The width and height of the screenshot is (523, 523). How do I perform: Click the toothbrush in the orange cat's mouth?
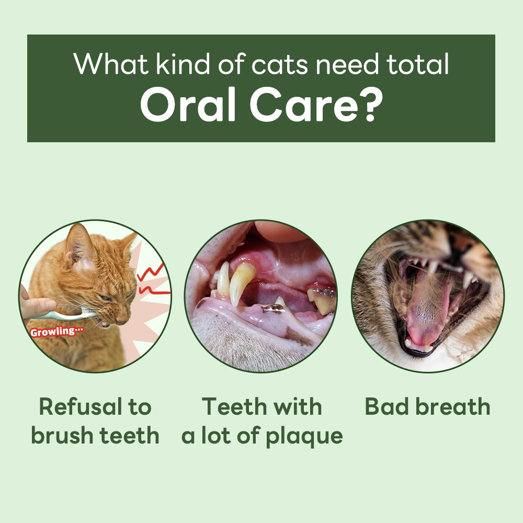pyautogui.click(x=78, y=315)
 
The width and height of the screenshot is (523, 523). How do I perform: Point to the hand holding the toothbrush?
pyautogui.click(x=37, y=306)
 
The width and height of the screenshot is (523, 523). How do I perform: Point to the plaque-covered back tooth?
pyautogui.click(x=322, y=301)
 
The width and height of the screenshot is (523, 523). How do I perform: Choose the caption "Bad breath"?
pyautogui.click(x=427, y=407)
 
